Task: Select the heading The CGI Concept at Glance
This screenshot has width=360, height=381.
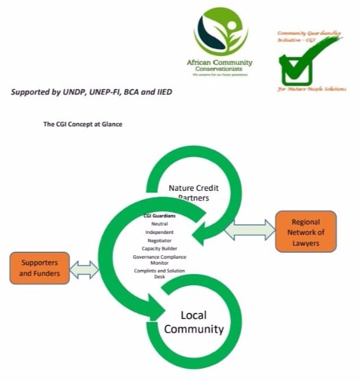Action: [82, 125]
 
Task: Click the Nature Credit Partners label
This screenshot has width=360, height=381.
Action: [193, 193]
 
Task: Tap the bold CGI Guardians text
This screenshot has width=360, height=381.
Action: [160, 216]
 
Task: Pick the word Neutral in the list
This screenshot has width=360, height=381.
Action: [160, 224]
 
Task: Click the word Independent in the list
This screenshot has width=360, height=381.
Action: [160, 232]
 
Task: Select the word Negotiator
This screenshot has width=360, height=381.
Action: [160, 240]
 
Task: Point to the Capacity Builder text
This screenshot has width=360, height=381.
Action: [160, 249]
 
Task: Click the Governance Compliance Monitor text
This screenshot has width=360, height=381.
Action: [160, 260]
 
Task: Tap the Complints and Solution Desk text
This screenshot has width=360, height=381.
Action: [160, 273]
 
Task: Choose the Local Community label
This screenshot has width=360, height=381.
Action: [194, 323]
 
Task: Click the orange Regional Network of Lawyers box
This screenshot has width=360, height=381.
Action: [306, 232]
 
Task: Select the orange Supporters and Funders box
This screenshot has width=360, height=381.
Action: [39, 268]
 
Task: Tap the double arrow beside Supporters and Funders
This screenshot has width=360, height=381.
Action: [85, 269]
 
